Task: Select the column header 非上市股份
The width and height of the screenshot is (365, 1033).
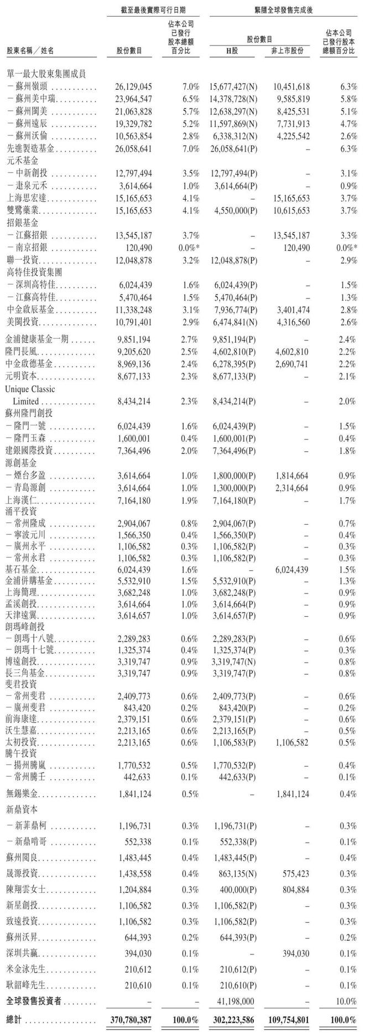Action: [x=287, y=51]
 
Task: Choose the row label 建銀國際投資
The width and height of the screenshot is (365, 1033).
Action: [x=30, y=450]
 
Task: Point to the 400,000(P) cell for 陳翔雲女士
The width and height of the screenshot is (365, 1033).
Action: [x=238, y=889]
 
